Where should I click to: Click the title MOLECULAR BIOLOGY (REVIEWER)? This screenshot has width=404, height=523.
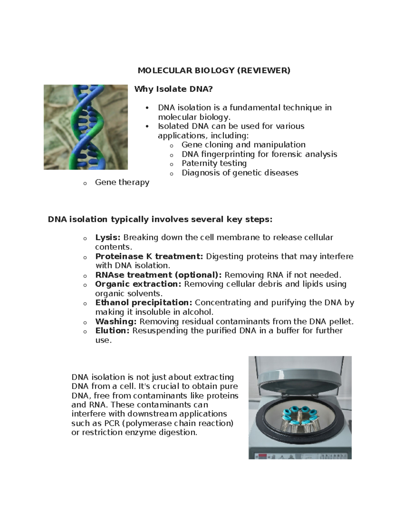(x=214, y=70)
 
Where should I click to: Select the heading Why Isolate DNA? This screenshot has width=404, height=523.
(x=174, y=89)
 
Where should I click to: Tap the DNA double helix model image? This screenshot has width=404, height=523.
(x=86, y=127)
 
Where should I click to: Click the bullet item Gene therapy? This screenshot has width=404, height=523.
(x=122, y=182)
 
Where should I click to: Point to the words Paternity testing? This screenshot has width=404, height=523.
(x=214, y=163)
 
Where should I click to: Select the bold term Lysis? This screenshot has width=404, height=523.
(x=108, y=237)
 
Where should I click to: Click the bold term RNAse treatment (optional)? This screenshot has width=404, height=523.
(x=158, y=275)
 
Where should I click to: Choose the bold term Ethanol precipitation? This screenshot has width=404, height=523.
(x=144, y=303)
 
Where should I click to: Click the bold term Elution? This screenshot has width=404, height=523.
(x=112, y=331)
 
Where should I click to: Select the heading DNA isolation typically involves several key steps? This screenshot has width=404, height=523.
(x=160, y=220)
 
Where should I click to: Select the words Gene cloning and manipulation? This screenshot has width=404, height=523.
(x=243, y=145)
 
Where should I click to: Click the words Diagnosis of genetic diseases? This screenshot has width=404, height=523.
(x=240, y=173)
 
